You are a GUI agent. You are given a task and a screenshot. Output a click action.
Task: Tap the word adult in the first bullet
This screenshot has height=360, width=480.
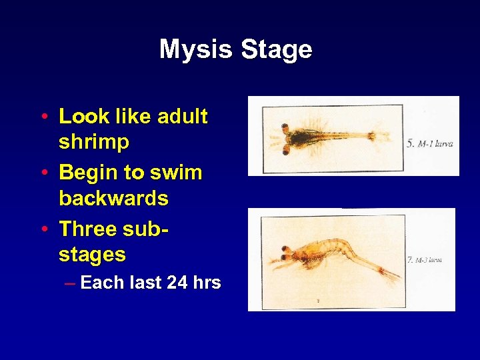[x=182, y=117]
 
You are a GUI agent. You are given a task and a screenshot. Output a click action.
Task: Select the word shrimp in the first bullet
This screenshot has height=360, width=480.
[x=94, y=143]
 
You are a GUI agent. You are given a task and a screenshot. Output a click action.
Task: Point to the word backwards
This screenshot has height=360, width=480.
[x=113, y=198]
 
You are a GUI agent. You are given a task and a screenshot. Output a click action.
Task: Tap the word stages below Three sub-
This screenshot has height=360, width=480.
[x=92, y=254]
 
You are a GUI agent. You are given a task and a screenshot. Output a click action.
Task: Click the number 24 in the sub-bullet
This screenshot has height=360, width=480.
[x=177, y=283]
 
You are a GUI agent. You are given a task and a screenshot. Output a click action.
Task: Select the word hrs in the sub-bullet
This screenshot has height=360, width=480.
[x=207, y=283]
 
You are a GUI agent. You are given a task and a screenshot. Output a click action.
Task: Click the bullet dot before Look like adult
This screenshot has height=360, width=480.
[x=43, y=117]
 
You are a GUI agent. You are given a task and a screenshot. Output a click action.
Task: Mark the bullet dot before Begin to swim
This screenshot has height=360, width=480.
[x=43, y=173]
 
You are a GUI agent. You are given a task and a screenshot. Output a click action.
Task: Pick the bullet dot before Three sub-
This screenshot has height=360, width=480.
[x=43, y=229]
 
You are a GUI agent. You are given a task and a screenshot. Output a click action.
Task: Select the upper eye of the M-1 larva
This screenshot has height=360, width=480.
[x=285, y=127]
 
